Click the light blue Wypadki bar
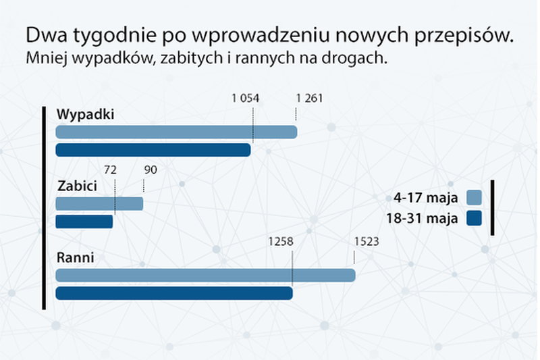coord(176,132)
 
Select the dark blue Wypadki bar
coord(153,150)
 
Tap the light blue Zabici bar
coord(99,203)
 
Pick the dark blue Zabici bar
coord(84,222)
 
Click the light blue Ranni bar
coord(205,275)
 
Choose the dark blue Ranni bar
coord(174,293)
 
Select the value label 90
coord(150,170)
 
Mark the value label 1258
coord(279,241)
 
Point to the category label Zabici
coord(76,186)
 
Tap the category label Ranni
coord(74,257)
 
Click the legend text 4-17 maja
coord(426,198)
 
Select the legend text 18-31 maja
coord(423,218)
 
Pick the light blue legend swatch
coord(474,197)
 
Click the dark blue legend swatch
coord(474,218)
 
